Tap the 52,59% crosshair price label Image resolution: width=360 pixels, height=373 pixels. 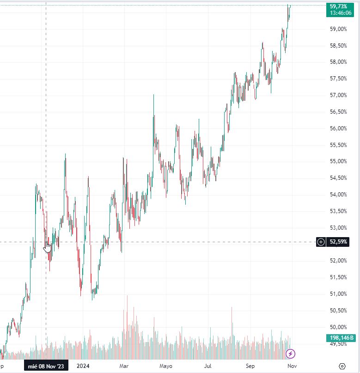point(338,242)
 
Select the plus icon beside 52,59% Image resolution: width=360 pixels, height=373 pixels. point(321,242)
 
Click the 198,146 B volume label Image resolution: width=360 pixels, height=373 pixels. point(341,337)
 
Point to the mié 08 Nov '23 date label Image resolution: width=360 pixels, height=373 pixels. point(46,366)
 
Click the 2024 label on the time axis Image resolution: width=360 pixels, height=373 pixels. point(83,366)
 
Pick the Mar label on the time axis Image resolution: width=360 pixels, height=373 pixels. point(124,366)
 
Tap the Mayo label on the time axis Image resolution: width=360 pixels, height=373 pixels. point(166,366)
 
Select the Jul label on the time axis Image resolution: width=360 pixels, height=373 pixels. point(208,366)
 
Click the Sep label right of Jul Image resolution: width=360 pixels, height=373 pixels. point(250,366)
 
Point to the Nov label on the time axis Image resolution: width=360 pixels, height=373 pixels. point(292,366)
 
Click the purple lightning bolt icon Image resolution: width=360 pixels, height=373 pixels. point(290,354)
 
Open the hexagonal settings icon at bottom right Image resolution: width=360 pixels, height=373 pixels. point(342,366)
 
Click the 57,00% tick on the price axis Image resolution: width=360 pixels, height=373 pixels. point(338,95)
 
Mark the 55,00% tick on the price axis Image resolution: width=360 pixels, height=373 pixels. point(338,161)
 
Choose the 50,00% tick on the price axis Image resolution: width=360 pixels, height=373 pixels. point(338,327)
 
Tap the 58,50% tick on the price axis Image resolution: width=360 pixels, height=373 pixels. point(338,45)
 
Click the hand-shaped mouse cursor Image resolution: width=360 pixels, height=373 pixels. point(47,247)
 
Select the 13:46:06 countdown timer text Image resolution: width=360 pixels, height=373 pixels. point(341,13)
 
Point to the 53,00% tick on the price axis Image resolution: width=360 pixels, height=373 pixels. point(338,228)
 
